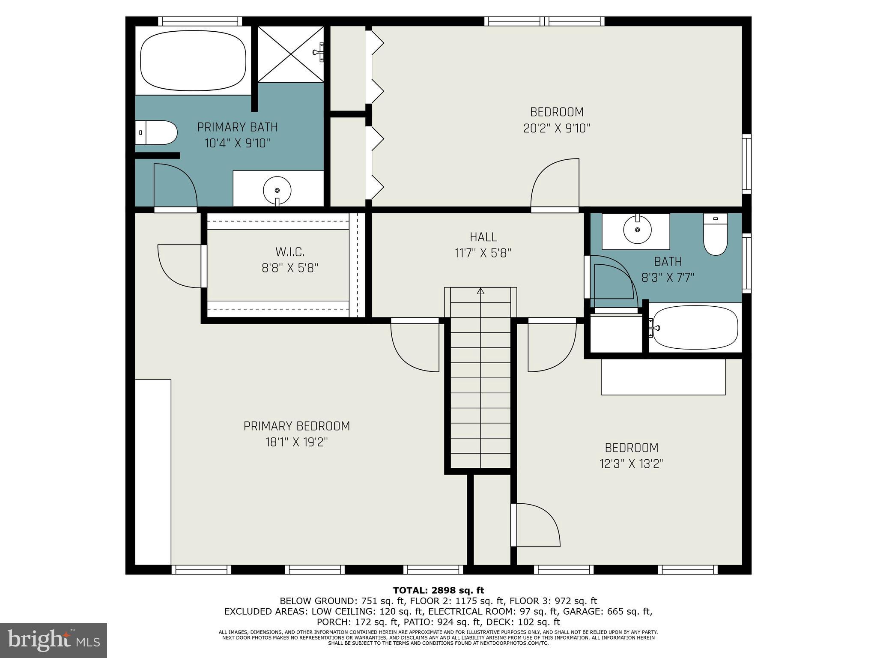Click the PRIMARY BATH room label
[x=237, y=127]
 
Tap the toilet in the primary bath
[x=158, y=133]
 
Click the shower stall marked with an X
[x=291, y=54]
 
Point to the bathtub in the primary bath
[x=193, y=60]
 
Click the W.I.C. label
[x=290, y=252]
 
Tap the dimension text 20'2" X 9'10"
[x=557, y=129]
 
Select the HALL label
[x=483, y=237]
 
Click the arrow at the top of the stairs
[x=480, y=291]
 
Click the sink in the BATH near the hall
[x=637, y=230]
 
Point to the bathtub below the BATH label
[x=695, y=328]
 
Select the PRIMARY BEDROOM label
[x=297, y=426]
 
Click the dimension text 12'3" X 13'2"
[x=631, y=464]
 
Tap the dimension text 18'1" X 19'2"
[x=297, y=442]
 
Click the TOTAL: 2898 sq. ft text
[x=438, y=591]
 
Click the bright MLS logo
[x=54, y=640]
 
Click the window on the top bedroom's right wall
[x=746, y=164]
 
